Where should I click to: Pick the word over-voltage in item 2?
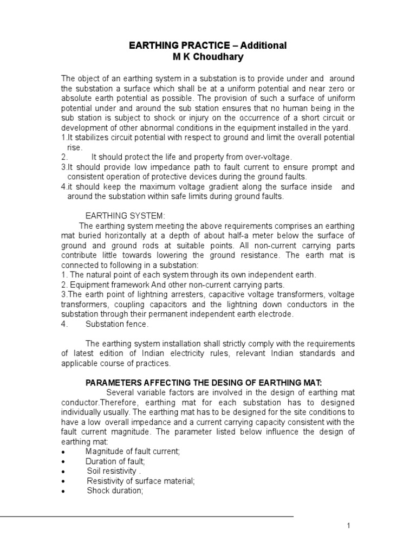[270, 157]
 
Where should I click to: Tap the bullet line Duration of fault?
[115, 461]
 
